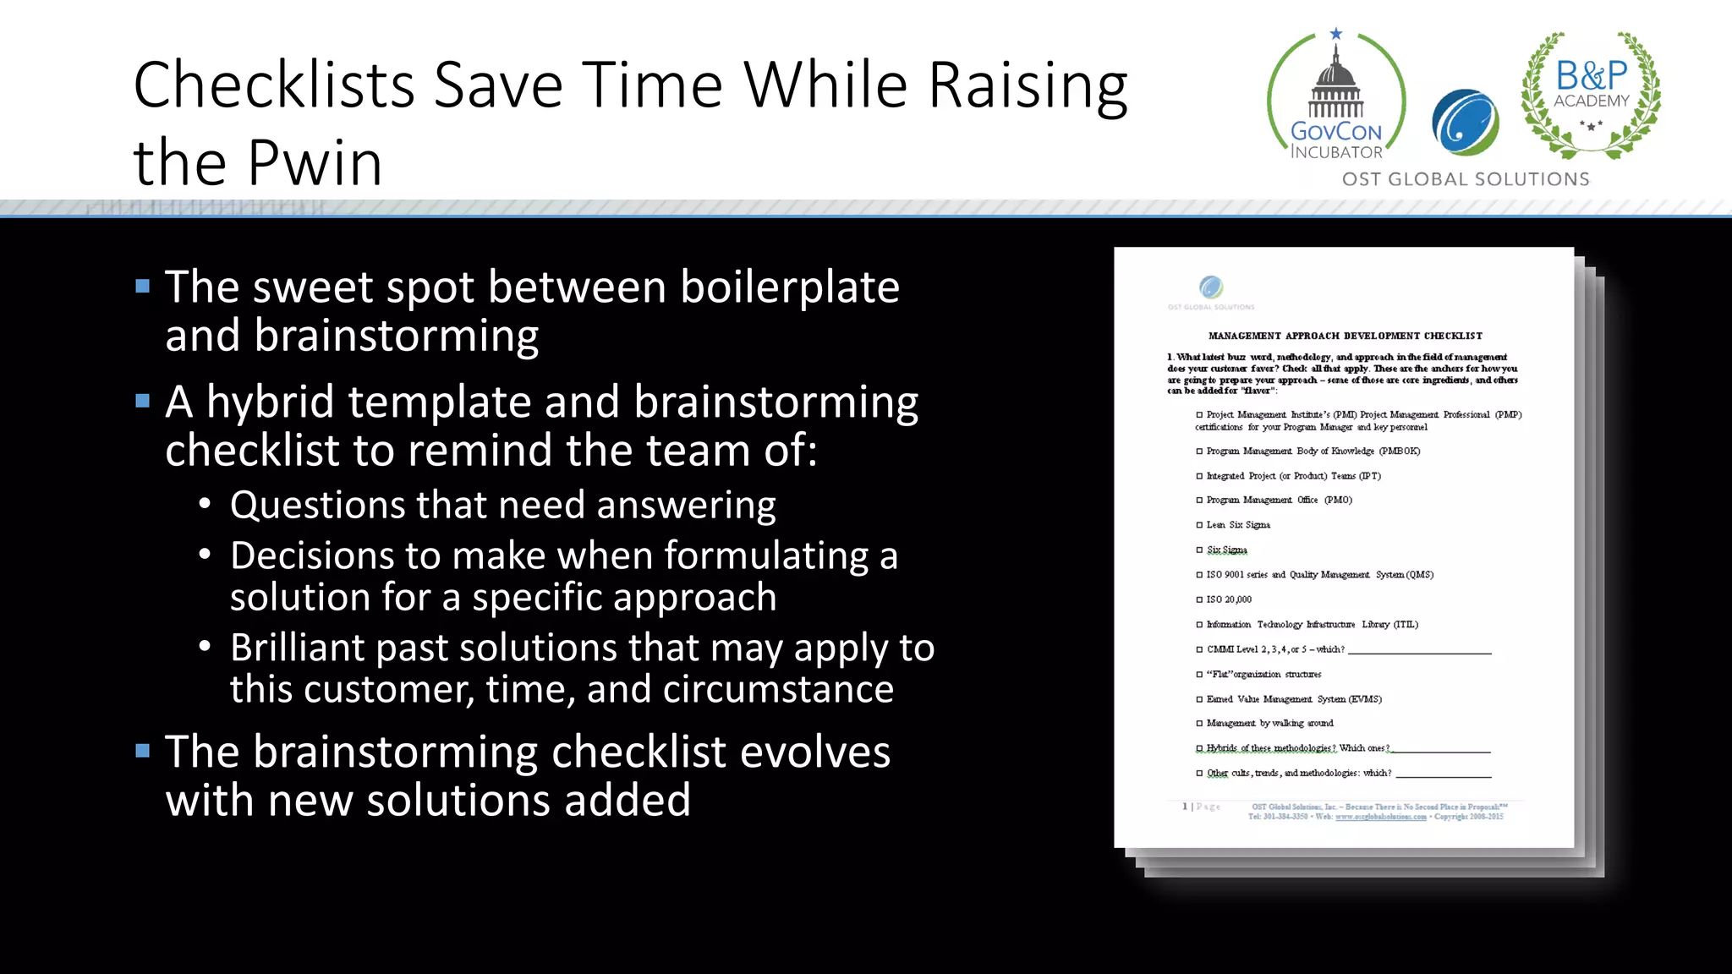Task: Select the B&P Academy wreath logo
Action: [1591, 95]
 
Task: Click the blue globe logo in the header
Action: [1466, 123]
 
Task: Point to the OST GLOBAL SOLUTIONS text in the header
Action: [1466, 179]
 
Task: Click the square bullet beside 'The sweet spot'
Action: [143, 287]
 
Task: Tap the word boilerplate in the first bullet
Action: [790, 287]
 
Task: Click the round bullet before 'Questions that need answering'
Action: [205, 505]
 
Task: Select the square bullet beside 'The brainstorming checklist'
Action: [143, 751]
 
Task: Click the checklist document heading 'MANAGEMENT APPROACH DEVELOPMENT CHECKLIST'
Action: [1345, 336]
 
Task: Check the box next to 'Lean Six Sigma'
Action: [1199, 525]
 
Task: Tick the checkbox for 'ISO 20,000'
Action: [1199, 599]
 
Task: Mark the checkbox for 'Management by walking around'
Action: [1199, 724]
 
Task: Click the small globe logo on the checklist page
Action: [1211, 287]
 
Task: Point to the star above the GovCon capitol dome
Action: [1336, 34]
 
